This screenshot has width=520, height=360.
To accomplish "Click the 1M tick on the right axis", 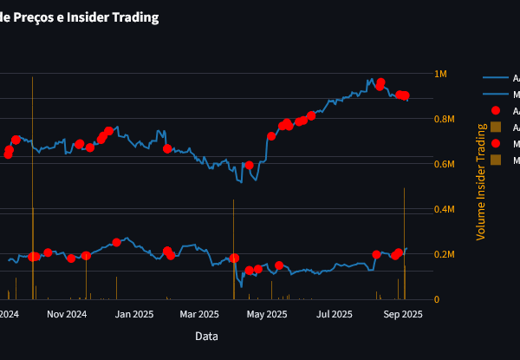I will pyautogui.click(x=440, y=74).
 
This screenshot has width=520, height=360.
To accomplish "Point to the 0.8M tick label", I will pyautogui.click(x=445, y=119).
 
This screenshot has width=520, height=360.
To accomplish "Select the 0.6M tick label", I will pyautogui.click(x=445, y=164).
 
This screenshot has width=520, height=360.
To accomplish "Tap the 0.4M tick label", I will pyautogui.click(x=445, y=209).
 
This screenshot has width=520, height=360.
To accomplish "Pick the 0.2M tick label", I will pyautogui.click(x=445, y=254).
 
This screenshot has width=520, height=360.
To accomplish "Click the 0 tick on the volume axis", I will pyautogui.click(x=436, y=299).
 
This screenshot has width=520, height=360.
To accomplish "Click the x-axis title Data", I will pyautogui.click(x=206, y=336).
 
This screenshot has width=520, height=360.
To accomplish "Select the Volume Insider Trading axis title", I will pyautogui.click(x=482, y=180).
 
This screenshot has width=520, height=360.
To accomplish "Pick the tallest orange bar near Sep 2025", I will pyautogui.click(x=405, y=243).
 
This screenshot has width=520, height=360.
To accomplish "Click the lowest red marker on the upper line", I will pyautogui.click(x=249, y=165).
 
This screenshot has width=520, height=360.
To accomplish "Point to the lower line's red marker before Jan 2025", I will pyautogui.click(x=116, y=242).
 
